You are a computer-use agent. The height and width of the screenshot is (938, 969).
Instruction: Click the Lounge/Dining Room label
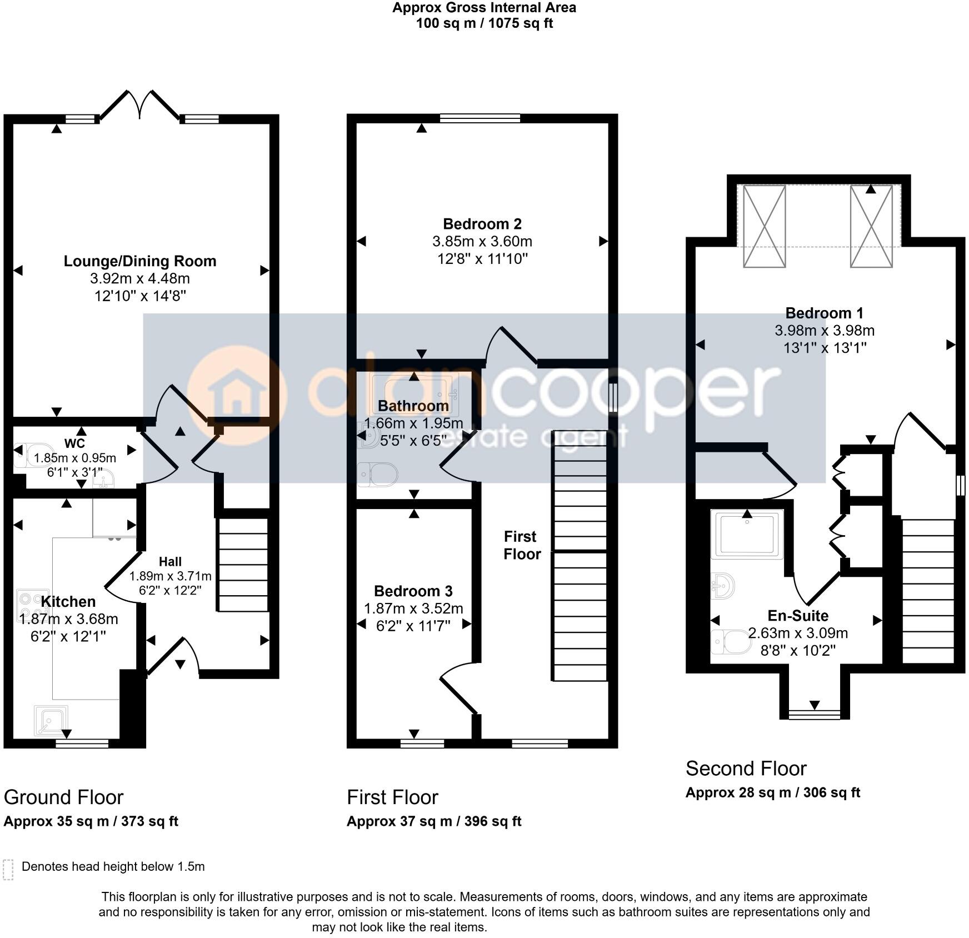139,261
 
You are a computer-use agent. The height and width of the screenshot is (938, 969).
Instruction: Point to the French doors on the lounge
140,105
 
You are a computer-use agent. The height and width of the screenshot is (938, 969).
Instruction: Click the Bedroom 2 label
482,224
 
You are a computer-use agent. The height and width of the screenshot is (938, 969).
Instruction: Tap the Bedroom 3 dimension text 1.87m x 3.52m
413,608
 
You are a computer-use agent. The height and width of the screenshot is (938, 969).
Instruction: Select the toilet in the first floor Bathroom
378,474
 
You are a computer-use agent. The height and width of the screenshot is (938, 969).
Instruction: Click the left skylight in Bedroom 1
764,226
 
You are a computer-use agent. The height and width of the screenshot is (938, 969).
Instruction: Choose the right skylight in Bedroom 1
871,226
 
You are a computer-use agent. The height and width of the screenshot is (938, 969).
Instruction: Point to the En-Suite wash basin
723,586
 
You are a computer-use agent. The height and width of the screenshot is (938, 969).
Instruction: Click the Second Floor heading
746,769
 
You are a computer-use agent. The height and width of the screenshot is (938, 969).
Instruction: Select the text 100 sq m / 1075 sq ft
484,23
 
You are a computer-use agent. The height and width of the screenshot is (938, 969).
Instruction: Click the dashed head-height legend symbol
8,870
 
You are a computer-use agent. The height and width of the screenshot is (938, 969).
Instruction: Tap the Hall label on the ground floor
170,562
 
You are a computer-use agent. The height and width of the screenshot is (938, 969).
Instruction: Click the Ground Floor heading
63,797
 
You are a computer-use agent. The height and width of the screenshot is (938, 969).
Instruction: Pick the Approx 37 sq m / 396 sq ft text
434,821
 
